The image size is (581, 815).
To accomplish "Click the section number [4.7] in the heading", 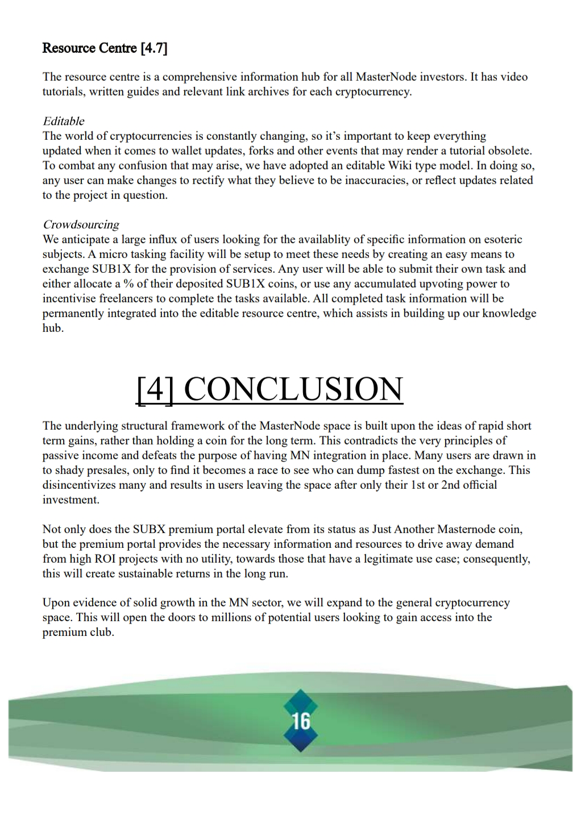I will point(153,48).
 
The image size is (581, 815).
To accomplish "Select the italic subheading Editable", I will point(64,121).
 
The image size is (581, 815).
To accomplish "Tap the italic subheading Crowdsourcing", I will point(81,224).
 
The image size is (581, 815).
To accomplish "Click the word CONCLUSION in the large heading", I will point(293,389).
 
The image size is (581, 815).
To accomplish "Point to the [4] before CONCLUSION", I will point(155,389).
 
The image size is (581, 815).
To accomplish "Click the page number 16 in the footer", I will point(301,721).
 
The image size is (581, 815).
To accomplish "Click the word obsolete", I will point(508,151).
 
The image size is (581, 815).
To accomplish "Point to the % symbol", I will point(128,284).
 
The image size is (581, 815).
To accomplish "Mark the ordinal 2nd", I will point(451,485).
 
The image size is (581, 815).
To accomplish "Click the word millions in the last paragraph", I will point(237,617).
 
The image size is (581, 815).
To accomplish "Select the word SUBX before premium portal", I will point(149,529).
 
